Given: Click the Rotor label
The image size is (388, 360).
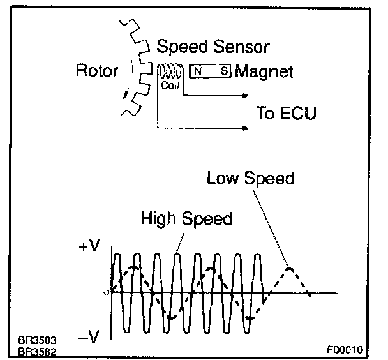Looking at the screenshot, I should [x=97, y=70].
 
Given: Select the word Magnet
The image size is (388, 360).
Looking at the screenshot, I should [x=264, y=71].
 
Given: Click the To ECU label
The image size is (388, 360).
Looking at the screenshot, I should [x=286, y=114].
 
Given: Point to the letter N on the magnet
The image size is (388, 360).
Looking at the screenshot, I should [x=198, y=71].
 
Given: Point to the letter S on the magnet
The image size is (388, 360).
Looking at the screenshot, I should [x=223, y=71].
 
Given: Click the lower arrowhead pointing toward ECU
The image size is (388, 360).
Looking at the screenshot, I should [x=244, y=128].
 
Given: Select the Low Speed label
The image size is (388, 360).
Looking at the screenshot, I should [x=251, y=177].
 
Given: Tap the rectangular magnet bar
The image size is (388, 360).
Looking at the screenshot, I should [x=210, y=71].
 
